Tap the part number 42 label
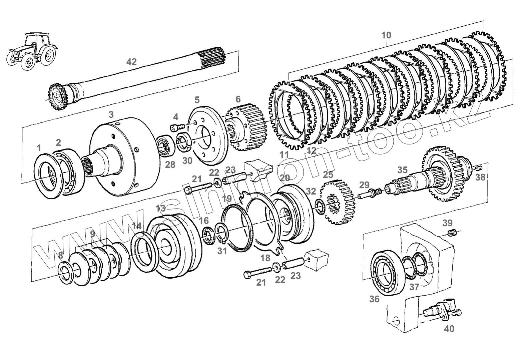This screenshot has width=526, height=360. pyautogui.click(x=132, y=62)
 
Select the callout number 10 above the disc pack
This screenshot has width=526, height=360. pyautogui.click(x=386, y=35)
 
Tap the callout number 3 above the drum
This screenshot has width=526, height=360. pyautogui.click(x=111, y=115)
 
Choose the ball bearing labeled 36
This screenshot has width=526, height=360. pyautogui.click(x=386, y=273)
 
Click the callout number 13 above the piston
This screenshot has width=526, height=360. pyautogui.click(x=160, y=209)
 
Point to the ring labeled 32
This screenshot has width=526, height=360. pyautogui.click(x=320, y=206)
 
